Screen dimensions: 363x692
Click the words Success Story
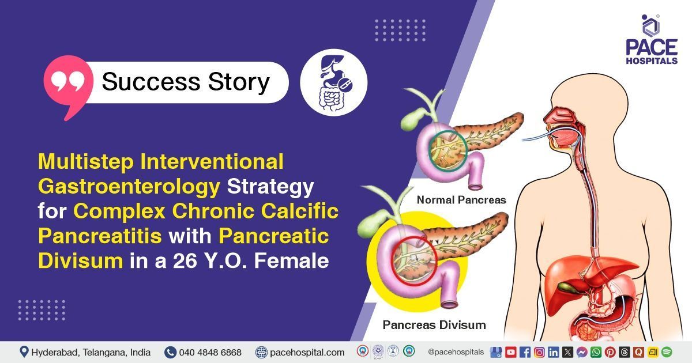tap(186, 82)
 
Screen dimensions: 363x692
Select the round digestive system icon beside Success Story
tap(334, 82)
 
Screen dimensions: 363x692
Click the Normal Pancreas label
tap(461, 201)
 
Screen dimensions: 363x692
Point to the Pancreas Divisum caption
tap(434, 325)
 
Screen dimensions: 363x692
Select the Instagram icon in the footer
tap(539, 352)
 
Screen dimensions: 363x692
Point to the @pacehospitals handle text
tap(456, 352)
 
